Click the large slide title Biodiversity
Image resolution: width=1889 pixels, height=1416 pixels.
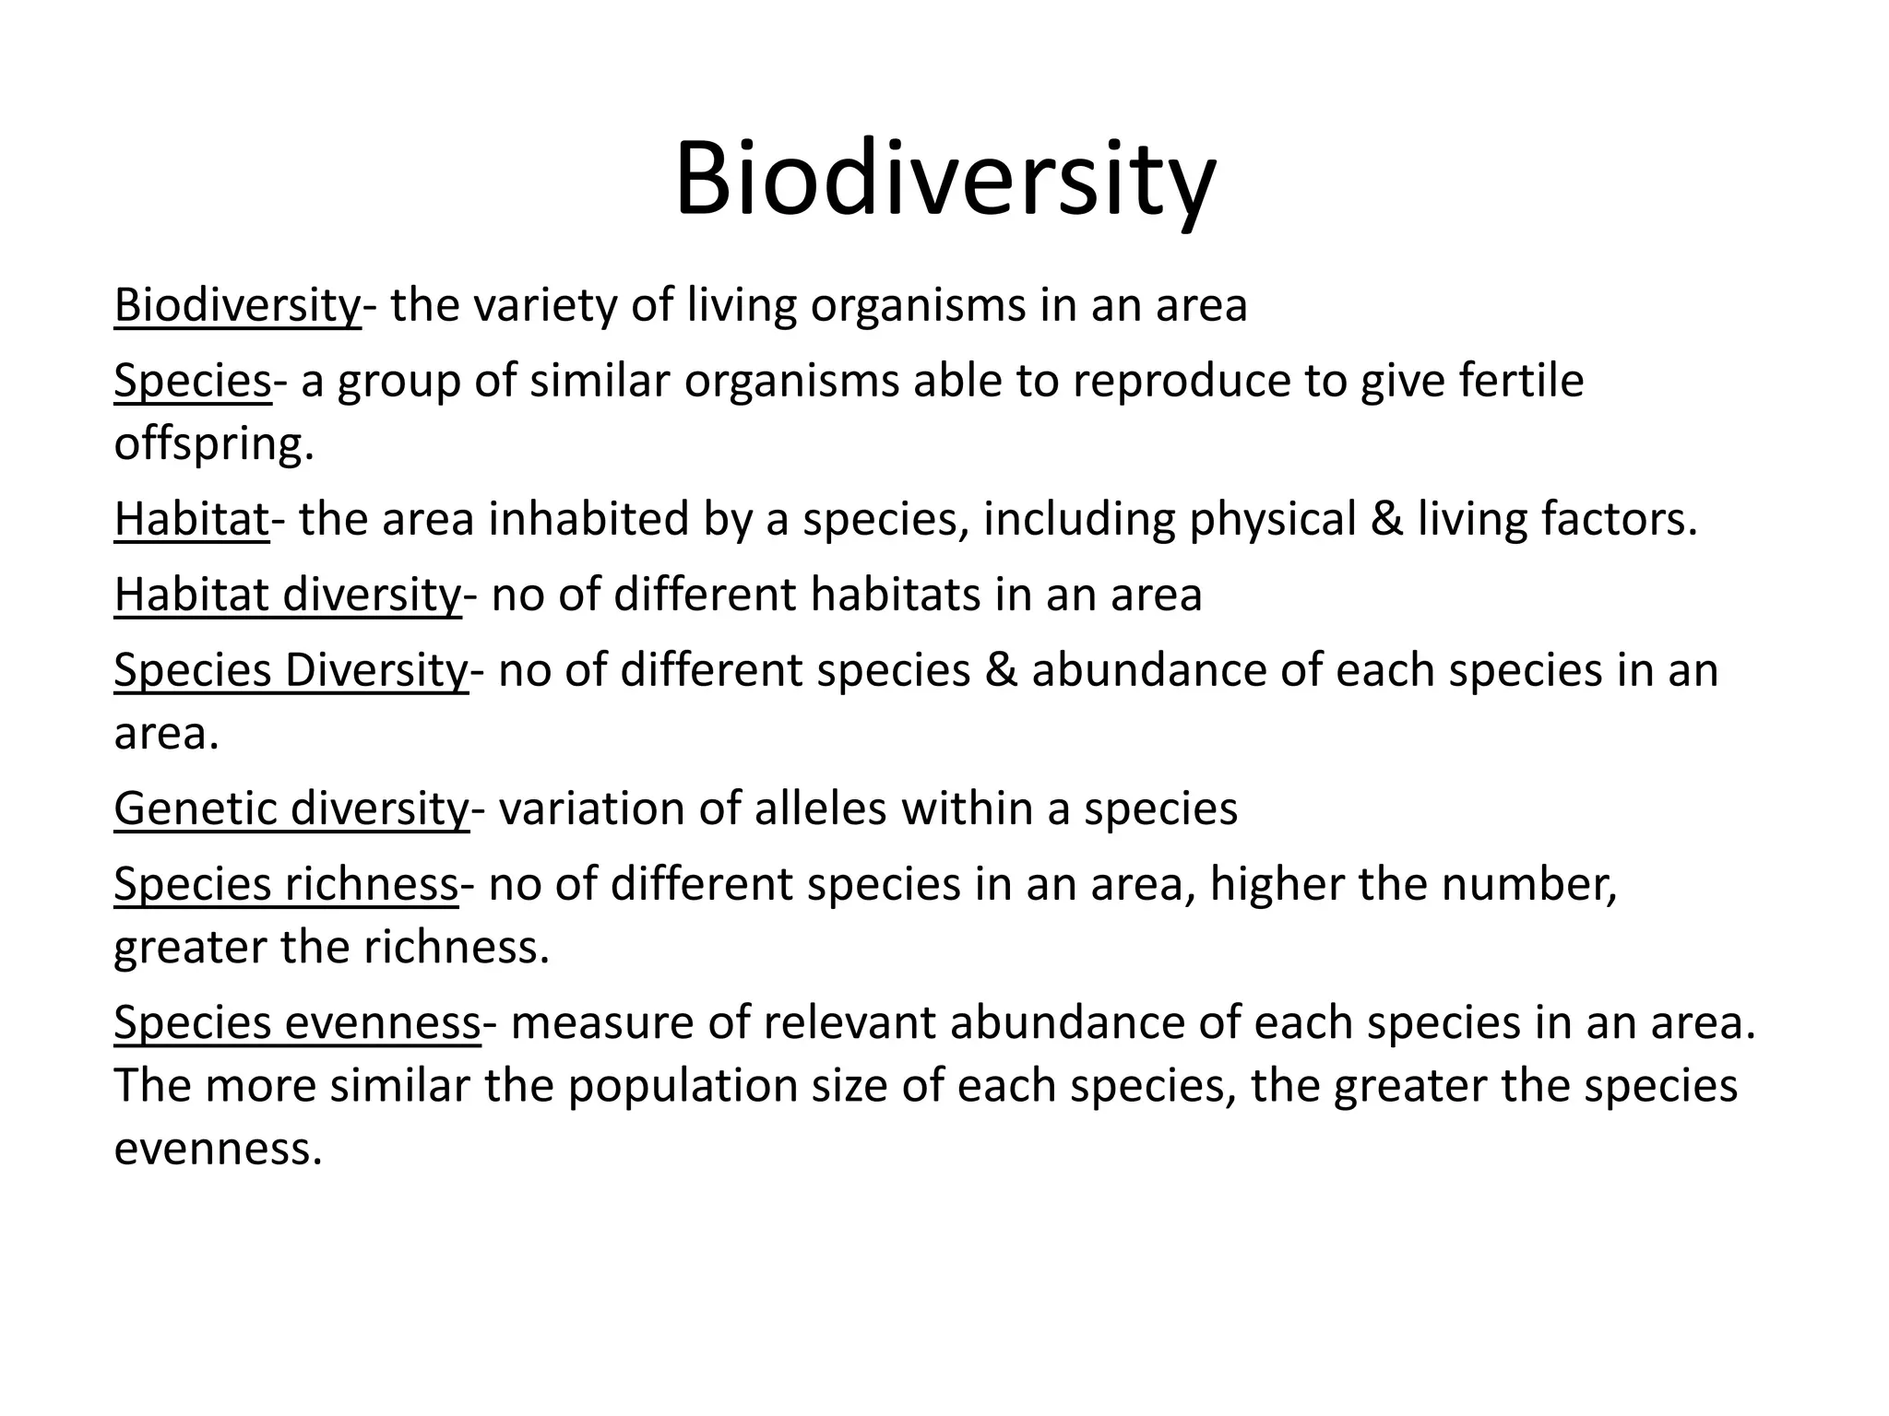(944, 179)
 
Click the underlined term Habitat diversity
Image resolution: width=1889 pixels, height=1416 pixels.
(287, 595)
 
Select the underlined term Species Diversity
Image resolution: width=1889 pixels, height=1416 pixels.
(291, 670)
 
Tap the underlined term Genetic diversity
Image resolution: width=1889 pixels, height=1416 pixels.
(291, 808)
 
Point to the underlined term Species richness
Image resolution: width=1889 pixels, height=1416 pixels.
(286, 884)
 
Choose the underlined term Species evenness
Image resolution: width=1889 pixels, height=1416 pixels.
(297, 1022)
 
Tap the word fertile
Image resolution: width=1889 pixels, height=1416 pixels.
(1521, 381)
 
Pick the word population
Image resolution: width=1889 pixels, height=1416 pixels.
(682, 1086)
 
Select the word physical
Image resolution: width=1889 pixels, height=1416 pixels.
(1272, 519)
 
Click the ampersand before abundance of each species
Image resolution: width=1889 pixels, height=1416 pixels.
(1001, 670)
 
